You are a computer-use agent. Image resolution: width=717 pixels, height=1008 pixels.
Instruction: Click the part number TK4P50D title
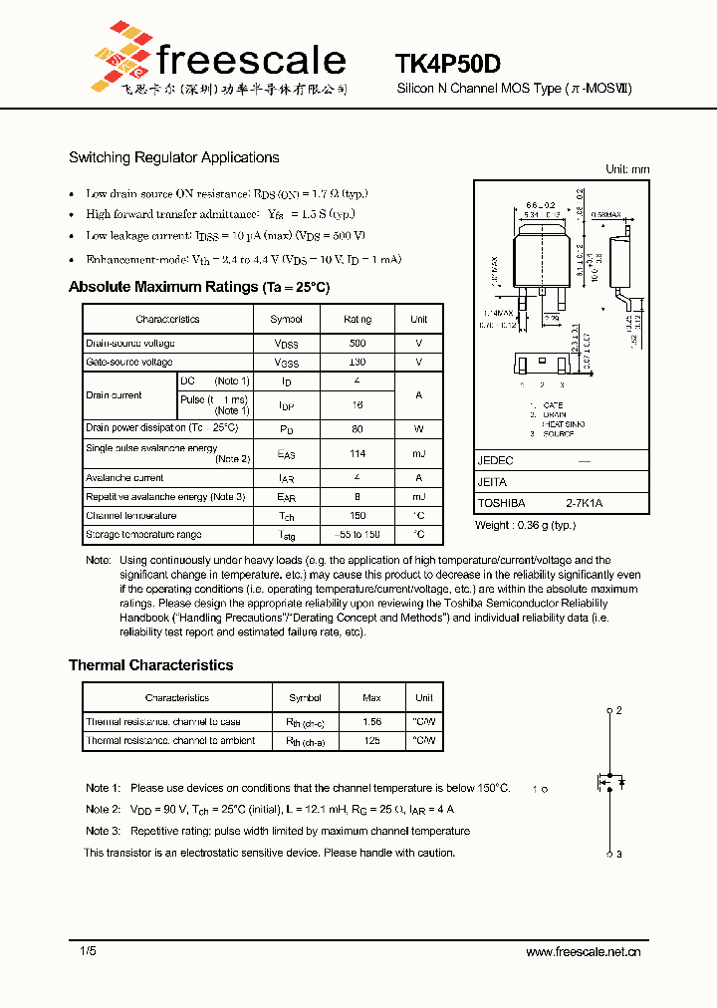click(x=447, y=63)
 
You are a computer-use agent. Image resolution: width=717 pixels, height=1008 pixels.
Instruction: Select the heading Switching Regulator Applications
click(x=173, y=157)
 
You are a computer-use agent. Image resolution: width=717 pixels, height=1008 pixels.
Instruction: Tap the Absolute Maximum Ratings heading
click(x=198, y=287)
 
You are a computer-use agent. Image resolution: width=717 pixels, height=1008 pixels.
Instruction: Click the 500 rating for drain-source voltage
click(x=358, y=343)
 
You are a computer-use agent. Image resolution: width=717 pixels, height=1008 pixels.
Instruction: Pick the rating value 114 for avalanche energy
click(x=358, y=454)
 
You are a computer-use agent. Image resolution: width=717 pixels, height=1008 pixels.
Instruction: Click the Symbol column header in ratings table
click(x=286, y=319)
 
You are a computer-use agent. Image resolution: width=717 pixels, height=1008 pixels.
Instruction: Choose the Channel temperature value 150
click(x=358, y=516)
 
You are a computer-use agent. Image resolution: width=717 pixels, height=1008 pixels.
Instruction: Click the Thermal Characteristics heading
click(x=150, y=665)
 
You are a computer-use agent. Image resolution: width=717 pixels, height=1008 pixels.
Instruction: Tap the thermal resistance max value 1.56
click(x=371, y=721)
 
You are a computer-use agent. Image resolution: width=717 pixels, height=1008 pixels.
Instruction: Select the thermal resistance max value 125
click(x=371, y=741)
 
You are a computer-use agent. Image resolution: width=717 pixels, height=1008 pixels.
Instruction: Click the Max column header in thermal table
click(x=371, y=698)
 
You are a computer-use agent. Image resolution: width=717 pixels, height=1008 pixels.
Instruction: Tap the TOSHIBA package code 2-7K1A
click(x=584, y=504)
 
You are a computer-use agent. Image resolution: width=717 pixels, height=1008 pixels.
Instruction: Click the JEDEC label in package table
click(x=495, y=461)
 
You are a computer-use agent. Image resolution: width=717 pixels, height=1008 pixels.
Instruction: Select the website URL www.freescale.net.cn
click(x=583, y=952)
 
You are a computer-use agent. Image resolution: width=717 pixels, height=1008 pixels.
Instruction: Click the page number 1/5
click(x=89, y=952)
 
